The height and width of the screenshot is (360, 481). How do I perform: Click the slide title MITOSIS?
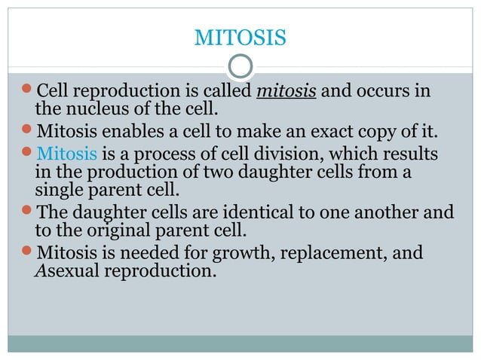240,36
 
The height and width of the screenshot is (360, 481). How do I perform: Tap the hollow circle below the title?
240,66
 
